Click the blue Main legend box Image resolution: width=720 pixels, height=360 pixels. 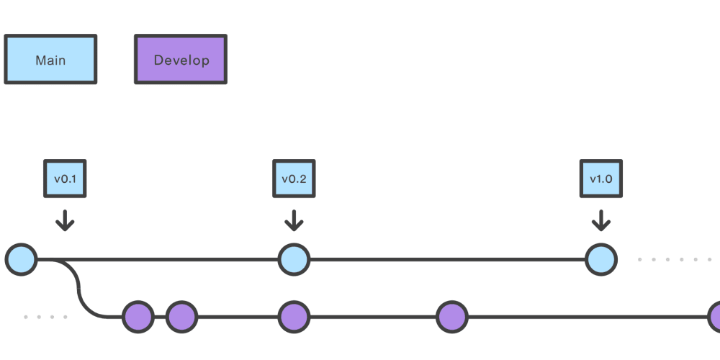point(50,60)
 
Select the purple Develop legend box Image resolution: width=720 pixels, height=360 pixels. point(181,60)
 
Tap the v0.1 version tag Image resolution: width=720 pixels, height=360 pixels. point(65,179)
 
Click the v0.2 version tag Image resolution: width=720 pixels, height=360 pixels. point(294,179)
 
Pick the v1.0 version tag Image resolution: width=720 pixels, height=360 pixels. point(601,179)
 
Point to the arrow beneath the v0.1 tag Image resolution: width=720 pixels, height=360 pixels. point(65,220)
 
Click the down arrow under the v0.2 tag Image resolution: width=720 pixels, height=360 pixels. point(294,220)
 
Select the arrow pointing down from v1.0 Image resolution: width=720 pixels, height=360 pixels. point(601,220)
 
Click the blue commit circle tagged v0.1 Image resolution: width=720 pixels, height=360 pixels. point(21,259)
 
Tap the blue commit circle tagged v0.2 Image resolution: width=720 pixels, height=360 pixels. point(294,259)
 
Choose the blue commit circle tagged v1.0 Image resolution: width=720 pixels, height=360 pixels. point(601,259)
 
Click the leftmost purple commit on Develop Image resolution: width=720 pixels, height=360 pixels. point(138,316)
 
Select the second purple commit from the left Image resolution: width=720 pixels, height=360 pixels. point(181,316)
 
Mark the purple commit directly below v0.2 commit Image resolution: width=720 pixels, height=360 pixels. point(294,316)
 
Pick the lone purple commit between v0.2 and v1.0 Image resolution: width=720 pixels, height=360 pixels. point(452,316)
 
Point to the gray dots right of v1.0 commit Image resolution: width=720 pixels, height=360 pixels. point(677,259)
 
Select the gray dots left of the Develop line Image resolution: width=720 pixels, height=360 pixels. point(45,317)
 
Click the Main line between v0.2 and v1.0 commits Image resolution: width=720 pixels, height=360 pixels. point(446,259)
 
